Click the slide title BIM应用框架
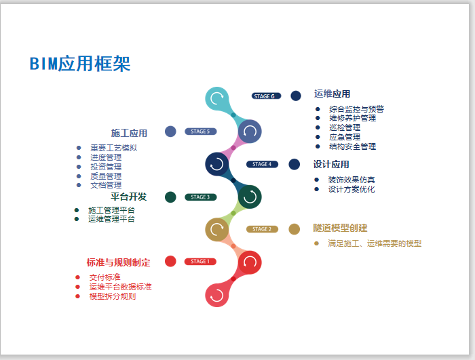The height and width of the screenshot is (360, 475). point(80,64)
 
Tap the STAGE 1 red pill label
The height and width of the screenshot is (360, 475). point(200,262)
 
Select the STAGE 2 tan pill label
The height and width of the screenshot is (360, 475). point(262,229)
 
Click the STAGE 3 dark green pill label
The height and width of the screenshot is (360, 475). point(200,197)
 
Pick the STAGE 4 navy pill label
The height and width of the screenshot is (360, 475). point(262,164)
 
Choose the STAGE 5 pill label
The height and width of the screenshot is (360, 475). point(200,132)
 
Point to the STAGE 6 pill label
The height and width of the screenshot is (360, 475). point(265,96)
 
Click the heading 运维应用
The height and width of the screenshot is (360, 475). point(332,94)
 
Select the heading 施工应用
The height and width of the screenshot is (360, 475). point(129,133)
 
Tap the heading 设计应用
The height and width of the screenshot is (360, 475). point(331,165)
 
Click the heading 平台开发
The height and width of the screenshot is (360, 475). point(129,197)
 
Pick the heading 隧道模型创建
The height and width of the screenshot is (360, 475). point(340,228)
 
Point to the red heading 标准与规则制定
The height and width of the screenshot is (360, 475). point(119,262)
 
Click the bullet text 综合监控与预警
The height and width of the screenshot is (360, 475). point(356,109)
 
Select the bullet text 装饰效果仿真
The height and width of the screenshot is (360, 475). point(351,180)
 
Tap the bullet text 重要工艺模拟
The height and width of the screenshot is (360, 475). point(113,148)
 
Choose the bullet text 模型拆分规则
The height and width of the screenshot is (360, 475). point(113,296)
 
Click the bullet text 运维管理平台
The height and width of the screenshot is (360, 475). point(111,219)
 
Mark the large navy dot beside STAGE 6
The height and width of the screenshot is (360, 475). point(296,96)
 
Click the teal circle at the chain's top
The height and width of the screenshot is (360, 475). point(217,98)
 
